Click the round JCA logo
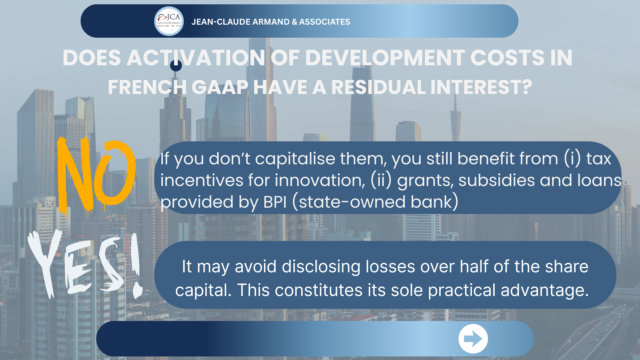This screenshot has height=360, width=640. pos(169,21)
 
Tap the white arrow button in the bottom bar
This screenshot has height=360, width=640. pos(473,339)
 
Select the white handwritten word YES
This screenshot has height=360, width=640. pos(77,265)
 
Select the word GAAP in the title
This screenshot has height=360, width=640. pos(220,87)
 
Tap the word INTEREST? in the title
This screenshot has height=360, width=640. pos(481,87)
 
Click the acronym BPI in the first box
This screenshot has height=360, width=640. pos(275,202)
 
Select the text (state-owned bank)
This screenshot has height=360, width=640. pos(375,202)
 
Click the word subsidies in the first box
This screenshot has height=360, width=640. pos(497,180)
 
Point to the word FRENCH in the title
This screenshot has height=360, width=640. pos(147,87)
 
